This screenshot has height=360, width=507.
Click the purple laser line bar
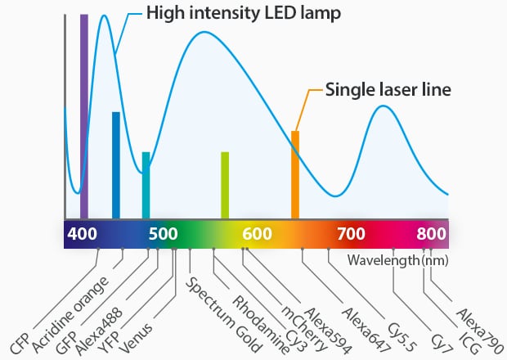click(x=84, y=116)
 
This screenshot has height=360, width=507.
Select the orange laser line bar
click(x=295, y=174)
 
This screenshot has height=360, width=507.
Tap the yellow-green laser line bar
click(x=225, y=186)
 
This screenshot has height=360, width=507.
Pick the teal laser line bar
click(x=146, y=186)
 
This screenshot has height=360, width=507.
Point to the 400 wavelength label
click(x=82, y=234)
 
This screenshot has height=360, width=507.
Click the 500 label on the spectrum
click(x=164, y=234)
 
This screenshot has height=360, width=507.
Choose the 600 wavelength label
click(x=257, y=234)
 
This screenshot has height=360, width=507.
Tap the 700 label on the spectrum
click(x=351, y=234)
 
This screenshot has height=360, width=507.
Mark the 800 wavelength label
click(x=431, y=234)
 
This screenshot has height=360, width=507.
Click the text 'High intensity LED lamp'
click(x=244, y=14)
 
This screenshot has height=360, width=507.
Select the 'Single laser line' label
click(x=388, y=89)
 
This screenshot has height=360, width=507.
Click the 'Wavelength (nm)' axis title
click(x=398, y=260)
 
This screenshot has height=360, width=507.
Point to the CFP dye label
click(x=20, y=343)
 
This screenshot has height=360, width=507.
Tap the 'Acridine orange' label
click(x=70, y=315)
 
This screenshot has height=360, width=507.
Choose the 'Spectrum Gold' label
click(x=223, y=315)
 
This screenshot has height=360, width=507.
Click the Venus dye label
click(x=136, y=338)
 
